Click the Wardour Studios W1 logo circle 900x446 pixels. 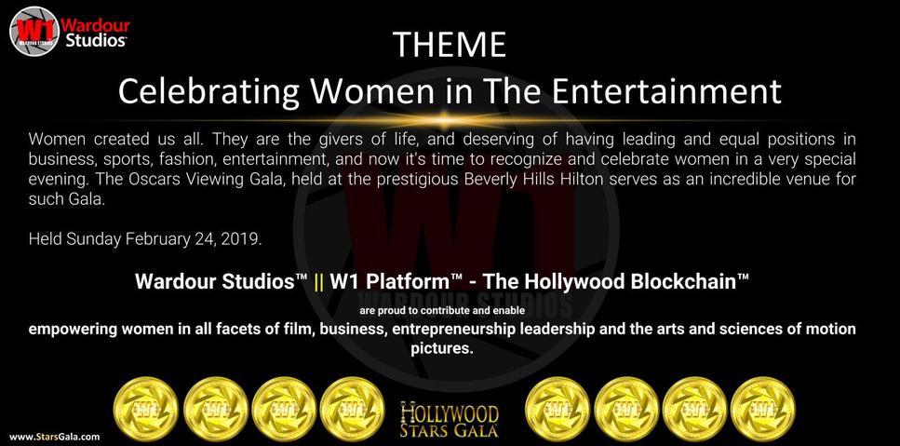click(x=34, y=31)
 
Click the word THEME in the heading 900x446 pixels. click(x=450, y=45)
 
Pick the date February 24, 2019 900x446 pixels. click(x=194, y=238)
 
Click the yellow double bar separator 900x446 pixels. click(x=320, y=282)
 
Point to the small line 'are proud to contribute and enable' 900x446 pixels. click(x=442, y=311)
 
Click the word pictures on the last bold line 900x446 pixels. click(x=442, y=348)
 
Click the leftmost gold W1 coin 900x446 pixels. click(x=146, y=410)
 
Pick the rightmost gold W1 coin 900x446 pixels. click(x=763, y=410)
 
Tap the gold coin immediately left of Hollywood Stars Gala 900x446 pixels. click(x=352, y=410)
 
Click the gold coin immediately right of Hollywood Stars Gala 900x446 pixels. click(x=557, y=410)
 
